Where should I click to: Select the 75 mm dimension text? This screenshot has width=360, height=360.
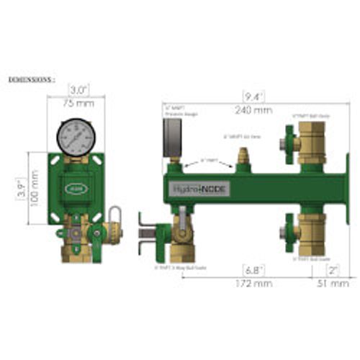click(77, 102)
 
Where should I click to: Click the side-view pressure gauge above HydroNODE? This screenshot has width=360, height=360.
click(172, 137)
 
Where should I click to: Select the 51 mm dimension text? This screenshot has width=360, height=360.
click(330, 284)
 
